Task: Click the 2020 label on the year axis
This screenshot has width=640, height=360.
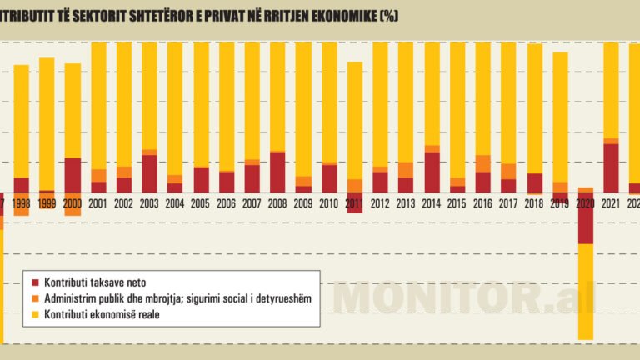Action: [x=586, y=204]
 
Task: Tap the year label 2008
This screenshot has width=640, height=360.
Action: [x=277, y=204]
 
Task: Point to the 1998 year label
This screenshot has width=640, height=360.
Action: [x=22, y=204]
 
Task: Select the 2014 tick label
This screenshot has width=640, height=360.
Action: [x=432, y=204]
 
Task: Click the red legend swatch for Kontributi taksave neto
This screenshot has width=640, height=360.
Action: [x=34, y=283]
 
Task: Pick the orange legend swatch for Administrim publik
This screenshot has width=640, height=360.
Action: [x=34, y=299]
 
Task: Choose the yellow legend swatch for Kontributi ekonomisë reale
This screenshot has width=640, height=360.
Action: [x=34, y=315]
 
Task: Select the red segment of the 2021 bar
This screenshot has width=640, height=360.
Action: [x=611, y=167]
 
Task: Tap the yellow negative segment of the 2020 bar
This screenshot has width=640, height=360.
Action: [x=586, y=292]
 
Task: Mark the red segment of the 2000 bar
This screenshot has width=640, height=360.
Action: [x=73, y=175]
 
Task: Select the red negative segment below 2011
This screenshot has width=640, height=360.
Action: [x=355, y=206]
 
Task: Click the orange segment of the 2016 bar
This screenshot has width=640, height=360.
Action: [x=483, y=163]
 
